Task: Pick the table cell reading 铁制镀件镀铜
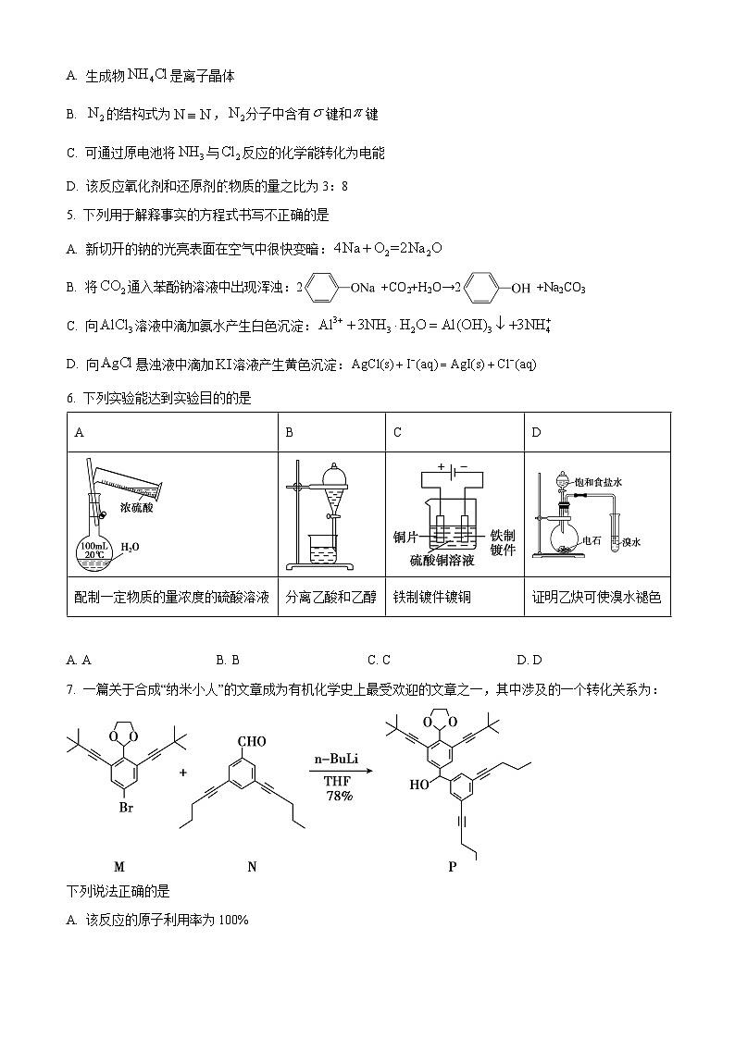[432, 598]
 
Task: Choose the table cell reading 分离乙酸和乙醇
[331, 598]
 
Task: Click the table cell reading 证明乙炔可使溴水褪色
[597, 598]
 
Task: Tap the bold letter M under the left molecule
[118, 867]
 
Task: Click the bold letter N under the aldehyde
[252, 867]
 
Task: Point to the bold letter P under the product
[453, 867]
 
